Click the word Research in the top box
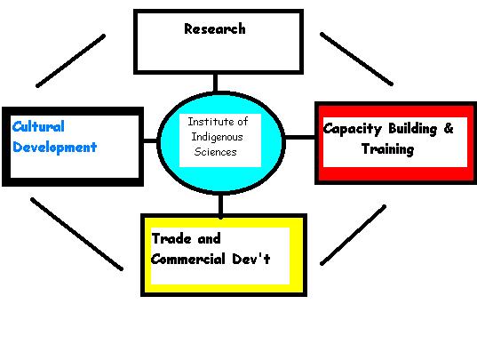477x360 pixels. pos(215,29)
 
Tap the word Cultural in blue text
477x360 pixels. pos(38,126)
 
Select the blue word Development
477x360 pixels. pos(55,148)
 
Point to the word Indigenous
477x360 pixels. pos(218,137)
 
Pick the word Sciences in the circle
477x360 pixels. pos(215,151)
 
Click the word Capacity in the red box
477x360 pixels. pos(353,129)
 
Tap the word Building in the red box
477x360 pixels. pos(413,129)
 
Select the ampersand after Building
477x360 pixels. pos(449,128)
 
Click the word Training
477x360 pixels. pos(388,149)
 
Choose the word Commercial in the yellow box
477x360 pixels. pos(188,259)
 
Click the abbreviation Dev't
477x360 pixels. pos(251,259)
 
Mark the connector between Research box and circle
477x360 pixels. pos(215,83)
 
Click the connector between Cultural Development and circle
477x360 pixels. pos(150,140)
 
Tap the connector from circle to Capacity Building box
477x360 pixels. pos(299,138)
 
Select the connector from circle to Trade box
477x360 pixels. pos(221,206)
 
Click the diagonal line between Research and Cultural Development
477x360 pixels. pos(70,60)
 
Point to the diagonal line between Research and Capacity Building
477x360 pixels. pos(356,59)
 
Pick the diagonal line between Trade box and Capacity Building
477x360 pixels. pos(354,236)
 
